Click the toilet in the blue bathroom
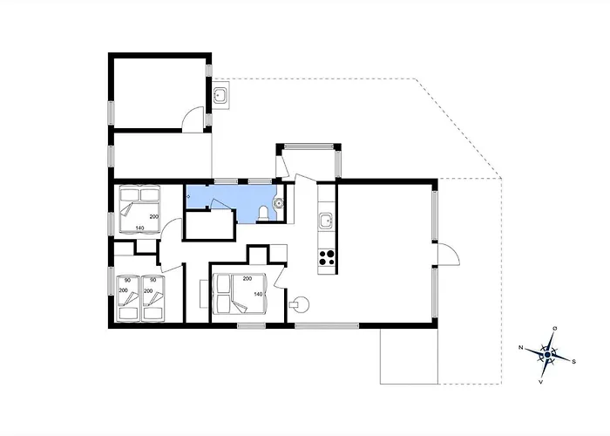(263, 215)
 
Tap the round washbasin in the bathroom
(279, 202)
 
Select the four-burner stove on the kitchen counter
(327, 258)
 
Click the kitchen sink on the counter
(326, 221)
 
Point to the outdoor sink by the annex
(220, 94)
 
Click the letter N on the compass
(520, 348)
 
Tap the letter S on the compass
(573, 362)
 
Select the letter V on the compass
(540, 382)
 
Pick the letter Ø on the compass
(555, 329)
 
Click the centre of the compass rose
(548, 355)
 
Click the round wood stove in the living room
(301, 303)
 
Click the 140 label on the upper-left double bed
(140, 228)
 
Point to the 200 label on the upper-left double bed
(154, 217)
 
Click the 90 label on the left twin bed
(127, 280)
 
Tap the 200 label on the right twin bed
(148, 290)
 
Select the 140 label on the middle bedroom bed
(258, 295)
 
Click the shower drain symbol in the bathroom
(189, 196)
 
